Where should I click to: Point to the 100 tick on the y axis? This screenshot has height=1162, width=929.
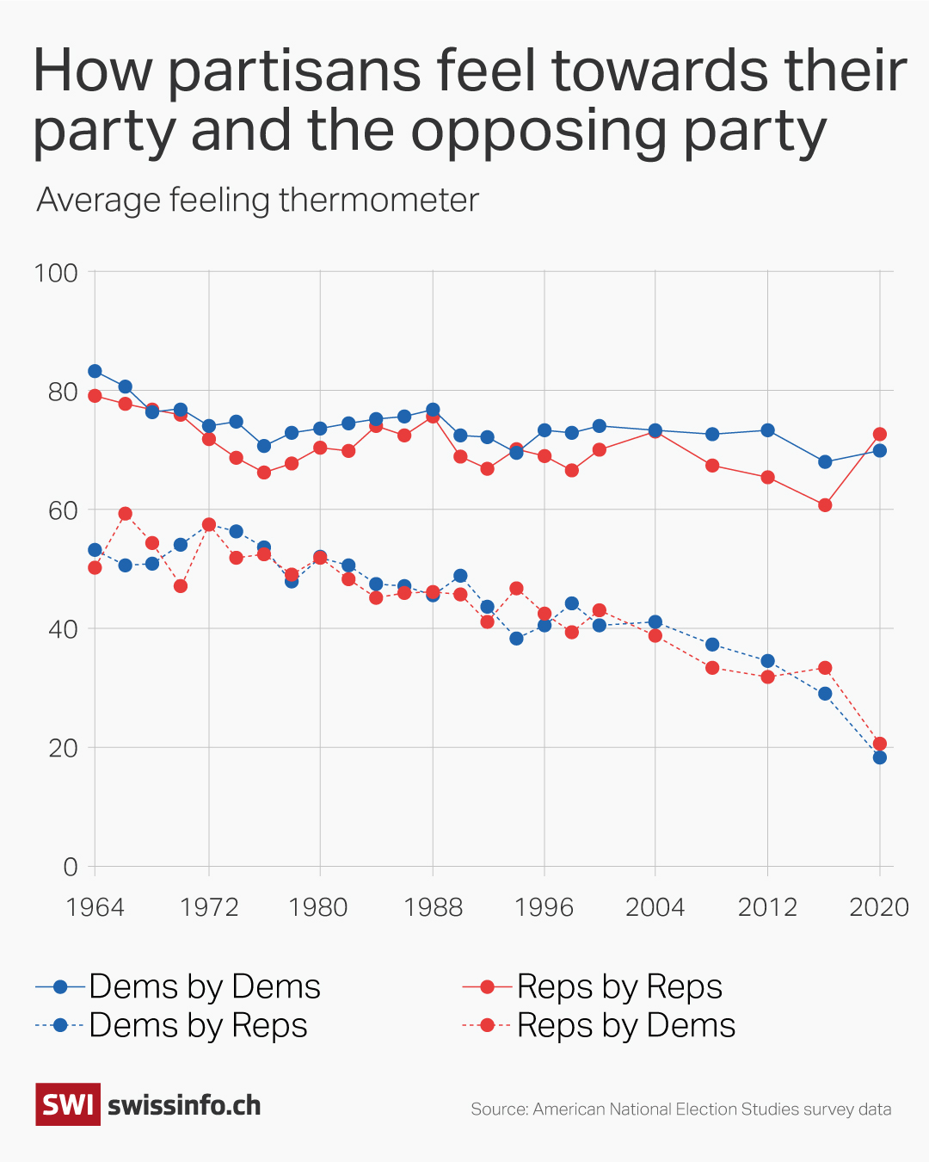click(56, 273)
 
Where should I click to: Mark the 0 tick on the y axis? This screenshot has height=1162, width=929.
click(71, 867)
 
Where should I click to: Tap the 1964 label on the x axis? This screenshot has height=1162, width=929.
click(95, 907)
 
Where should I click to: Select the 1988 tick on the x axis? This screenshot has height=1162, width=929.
click(433, 907)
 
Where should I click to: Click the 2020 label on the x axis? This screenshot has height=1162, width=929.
click(879, 907)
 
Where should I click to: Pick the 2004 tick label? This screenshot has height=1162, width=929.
click(655, 907)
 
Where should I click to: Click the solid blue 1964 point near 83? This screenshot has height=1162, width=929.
click(95, 371)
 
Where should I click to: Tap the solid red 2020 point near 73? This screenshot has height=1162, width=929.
click(879, 435)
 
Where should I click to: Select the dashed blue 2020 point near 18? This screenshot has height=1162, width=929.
click(879, 757)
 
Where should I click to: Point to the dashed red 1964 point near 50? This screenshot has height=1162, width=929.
click(95, 567)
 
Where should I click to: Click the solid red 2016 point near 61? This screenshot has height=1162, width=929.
click(825, 505)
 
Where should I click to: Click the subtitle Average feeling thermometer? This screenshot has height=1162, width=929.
click(257, 201)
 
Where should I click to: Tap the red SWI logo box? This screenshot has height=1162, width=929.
click(68, 1104)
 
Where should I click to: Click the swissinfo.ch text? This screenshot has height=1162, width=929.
click(184, 1105)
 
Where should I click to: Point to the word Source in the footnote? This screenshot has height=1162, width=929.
click(498, 1109)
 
